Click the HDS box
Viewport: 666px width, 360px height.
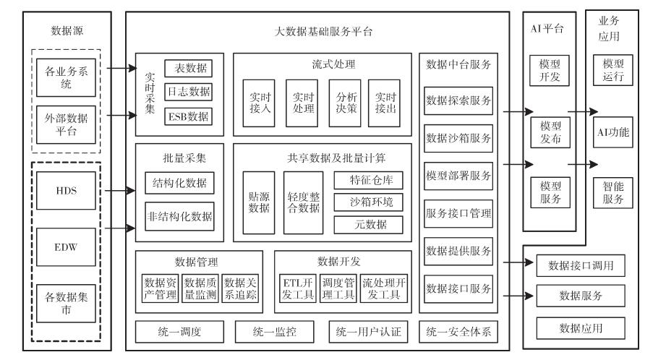66,190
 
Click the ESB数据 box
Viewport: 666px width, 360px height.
188,115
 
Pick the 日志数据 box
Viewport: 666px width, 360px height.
188,92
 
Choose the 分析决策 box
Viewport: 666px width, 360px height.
342,103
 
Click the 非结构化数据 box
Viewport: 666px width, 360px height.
180,215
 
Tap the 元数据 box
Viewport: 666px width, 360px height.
368,224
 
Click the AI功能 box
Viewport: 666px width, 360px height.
612,132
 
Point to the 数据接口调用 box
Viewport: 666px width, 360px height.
580,266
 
